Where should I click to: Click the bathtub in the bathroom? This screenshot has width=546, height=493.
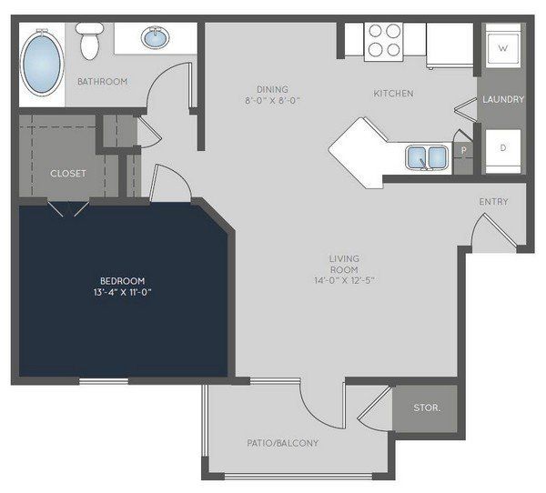(42, 63)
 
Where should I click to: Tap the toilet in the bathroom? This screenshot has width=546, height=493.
(89, 41)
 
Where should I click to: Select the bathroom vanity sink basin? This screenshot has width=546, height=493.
(156, 37)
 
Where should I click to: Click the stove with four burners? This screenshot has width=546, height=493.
(384, 42)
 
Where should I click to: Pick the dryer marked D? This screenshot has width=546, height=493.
(503, 151)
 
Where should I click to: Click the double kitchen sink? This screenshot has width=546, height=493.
(427, 157)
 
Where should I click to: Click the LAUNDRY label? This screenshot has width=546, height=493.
(503, 99)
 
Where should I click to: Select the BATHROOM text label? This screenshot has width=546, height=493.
(102, 82)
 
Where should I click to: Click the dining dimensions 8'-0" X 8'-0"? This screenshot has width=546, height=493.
(273, 101)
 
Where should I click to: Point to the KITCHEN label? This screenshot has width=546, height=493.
(393, 94)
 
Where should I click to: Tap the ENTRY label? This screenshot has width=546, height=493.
(493, 202)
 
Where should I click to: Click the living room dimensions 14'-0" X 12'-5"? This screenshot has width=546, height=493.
(344, 280)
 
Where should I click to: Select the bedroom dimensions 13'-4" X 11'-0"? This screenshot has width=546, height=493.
(122, 292)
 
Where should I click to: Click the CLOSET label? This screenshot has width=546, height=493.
(68, 174)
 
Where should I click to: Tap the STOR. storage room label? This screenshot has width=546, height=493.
(427, 407)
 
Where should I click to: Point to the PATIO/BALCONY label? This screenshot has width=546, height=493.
(283, 443)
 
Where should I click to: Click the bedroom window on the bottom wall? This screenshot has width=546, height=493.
(104, 381)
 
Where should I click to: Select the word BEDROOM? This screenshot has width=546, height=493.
(123, 281)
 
